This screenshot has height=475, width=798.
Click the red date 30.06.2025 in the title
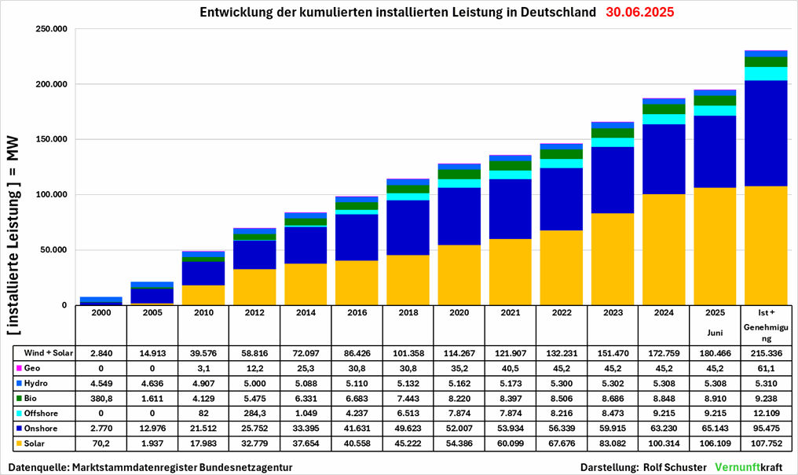639,13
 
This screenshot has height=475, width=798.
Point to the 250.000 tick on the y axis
53,29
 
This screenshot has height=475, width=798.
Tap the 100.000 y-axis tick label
53,195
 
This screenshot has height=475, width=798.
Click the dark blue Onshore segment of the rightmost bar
766,133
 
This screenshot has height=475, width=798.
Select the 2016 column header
357,312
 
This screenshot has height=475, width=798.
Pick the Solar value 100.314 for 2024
664,443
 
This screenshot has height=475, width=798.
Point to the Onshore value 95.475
766,428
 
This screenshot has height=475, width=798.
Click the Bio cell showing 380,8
102,398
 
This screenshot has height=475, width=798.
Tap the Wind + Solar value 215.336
766,352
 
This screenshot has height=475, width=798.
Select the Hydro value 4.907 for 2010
204,383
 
